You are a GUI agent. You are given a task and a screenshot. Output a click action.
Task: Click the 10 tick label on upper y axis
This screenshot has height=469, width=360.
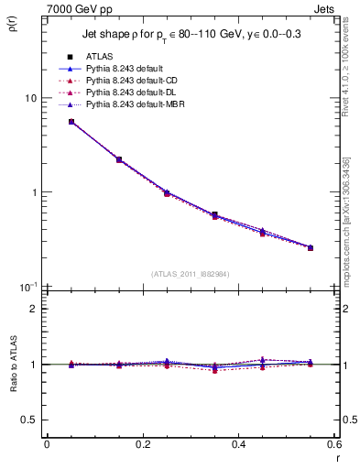(x=30, y=98)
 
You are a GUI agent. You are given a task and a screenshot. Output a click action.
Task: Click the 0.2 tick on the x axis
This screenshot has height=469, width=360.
(x=142, y=444)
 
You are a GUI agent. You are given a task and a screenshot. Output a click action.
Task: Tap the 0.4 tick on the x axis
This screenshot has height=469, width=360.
(x=238, y=444)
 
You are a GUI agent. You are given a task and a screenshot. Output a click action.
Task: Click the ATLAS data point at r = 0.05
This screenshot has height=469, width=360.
(x=71, y=122)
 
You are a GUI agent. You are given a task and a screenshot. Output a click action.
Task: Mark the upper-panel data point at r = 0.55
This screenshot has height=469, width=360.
(x=311, y=247)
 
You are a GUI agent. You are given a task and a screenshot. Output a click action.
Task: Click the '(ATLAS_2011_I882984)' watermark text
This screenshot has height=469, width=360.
(x=191, y=274)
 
